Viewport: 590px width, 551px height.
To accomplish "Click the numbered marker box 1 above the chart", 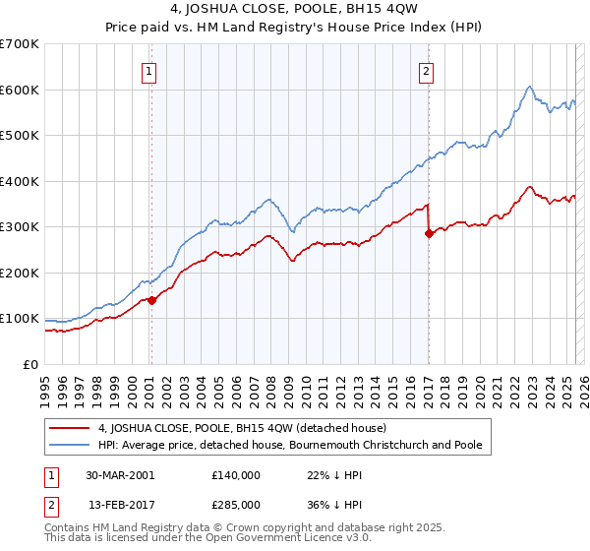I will pos(148,70).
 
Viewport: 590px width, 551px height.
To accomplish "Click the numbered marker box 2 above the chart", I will pos(427,70).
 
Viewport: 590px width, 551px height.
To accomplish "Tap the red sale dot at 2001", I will pos(152,300).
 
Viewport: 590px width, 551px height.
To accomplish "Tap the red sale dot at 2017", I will pos(429,233).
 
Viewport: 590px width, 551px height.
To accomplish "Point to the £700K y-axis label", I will pos(20,44).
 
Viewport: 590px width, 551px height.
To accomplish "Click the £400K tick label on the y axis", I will pos(20,181).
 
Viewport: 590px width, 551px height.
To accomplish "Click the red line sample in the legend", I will pos(70,428).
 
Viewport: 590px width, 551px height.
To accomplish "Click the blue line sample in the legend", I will pos(70,445).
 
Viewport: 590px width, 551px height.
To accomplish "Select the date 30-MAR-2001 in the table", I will pos(120,474).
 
